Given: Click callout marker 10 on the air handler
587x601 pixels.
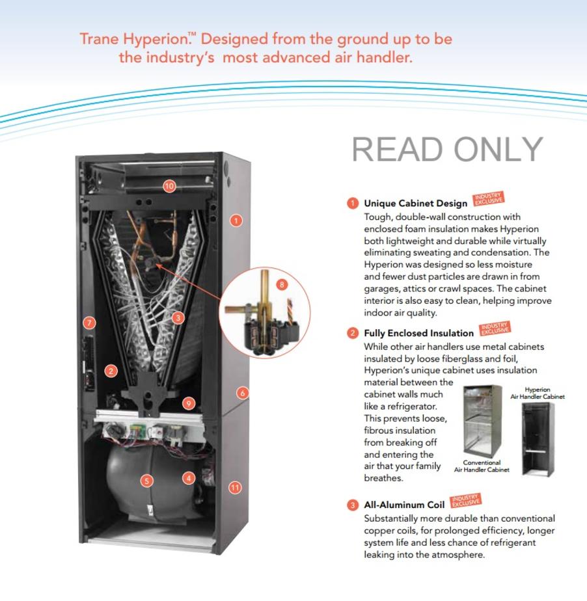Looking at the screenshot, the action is point(169,186).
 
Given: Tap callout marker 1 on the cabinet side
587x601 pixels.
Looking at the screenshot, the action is point(236,220).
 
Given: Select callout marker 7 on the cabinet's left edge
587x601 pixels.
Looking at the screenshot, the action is point(89,323).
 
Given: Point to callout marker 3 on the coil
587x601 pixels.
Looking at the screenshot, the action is point(178,318).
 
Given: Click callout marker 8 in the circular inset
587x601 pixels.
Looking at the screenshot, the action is point(282,284).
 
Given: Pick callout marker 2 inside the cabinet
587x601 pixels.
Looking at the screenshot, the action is point(111,371).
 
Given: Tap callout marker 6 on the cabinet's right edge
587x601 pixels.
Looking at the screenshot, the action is point(242,393).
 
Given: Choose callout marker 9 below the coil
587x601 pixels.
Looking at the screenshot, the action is point(189,403).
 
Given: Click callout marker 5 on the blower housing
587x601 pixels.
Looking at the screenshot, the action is point(147,481).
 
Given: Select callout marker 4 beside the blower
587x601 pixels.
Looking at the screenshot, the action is point(189,478).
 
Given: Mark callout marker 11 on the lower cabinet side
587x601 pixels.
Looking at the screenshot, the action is point(235,488).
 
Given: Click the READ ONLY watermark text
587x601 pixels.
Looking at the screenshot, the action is point(448,150).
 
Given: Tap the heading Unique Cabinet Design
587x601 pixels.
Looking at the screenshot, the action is point(416,203).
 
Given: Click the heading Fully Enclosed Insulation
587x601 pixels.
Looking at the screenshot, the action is point(418,333).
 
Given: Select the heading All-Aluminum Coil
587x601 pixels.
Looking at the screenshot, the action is point(404,505).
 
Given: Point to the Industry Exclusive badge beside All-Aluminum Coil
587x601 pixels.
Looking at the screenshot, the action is point(465,500).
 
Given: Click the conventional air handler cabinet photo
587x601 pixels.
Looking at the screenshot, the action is point(482,421).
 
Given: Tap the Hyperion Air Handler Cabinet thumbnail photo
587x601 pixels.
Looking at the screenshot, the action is point(538,439).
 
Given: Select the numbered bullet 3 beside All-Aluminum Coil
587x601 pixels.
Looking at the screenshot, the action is point(353,505).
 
